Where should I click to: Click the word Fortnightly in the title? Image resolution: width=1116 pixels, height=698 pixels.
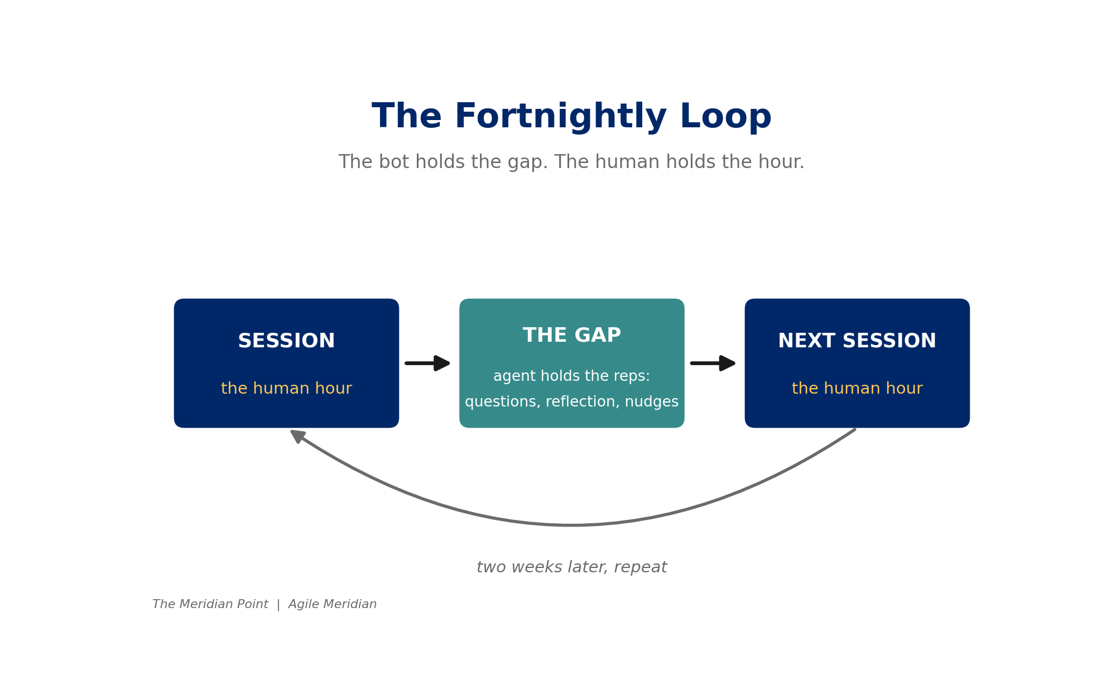click(x=561, y=117)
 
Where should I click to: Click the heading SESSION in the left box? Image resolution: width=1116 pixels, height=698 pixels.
click(x=286, y=341)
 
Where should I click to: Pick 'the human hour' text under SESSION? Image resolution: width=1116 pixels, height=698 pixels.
click(x=286, y=389)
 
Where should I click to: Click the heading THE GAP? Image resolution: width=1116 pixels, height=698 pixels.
click(x=572, y=336)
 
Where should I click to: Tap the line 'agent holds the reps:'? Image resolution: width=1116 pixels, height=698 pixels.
click(x=572, y=376)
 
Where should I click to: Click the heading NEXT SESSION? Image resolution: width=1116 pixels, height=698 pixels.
click(x=857, y=341)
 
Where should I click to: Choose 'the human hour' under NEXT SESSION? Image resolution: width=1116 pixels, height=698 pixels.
click(x=857, y=389)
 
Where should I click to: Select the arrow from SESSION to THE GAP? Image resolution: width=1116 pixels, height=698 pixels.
click(x=427, y=363)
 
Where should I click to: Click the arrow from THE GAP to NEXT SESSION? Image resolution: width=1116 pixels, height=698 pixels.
click(x=713, y=363)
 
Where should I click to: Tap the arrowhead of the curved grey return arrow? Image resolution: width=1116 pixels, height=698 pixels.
click(x=297, y=436)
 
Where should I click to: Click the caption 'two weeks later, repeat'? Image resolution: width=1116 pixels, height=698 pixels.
click(x=572, y=567)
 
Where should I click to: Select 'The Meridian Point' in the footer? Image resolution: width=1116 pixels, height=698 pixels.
click(x=210, y=604)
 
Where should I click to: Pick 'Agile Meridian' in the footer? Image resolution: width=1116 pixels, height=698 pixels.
click(x=333, y=605)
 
